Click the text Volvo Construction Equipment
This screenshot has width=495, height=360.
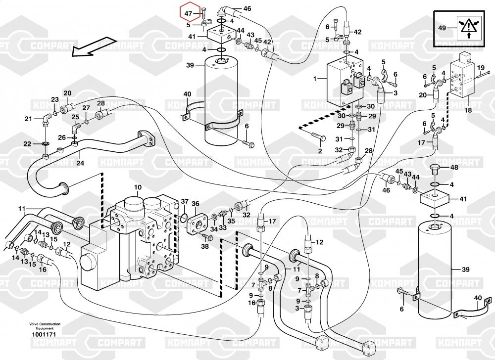(45, 326)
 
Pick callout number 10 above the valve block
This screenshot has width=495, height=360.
(138, 187)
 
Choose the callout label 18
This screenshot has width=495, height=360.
(468, 111)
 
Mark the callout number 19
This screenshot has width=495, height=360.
(480, 67)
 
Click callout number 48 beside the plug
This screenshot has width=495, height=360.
(454, 168)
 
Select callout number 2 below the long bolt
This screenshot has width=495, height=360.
(320, 151)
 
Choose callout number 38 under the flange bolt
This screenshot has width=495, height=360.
(205, 245)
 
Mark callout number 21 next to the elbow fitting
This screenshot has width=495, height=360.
(28, 119)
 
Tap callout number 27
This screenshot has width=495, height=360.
(86, 108)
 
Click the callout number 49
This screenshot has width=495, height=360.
(442, 28)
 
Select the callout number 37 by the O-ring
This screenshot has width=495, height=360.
(184, 201)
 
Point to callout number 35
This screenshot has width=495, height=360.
(231, 221)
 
